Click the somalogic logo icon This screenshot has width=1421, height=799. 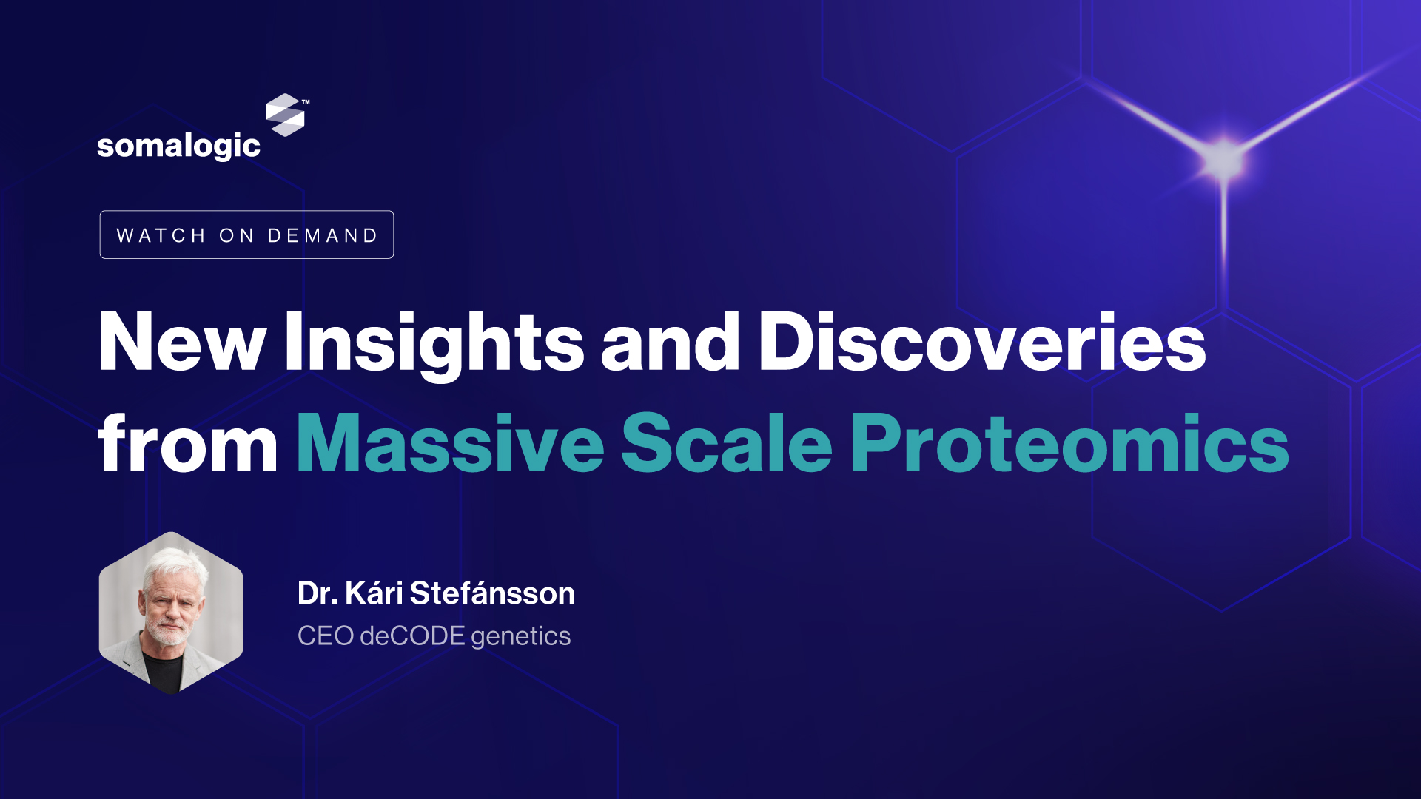tap(286, 115)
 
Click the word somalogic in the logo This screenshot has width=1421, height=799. tap(178, 146)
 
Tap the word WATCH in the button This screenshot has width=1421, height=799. tap(161, 235)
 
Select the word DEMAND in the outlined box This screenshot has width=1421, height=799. tap(323, 235)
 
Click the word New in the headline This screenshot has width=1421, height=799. tap(182, 341)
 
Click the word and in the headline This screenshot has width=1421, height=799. tap(671, 341)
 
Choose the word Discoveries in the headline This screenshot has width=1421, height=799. tap(982, 341)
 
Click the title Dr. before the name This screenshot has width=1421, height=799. tap(318, 593)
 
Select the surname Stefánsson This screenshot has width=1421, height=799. tap(492, 593)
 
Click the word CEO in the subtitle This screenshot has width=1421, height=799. tap(325, 636)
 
